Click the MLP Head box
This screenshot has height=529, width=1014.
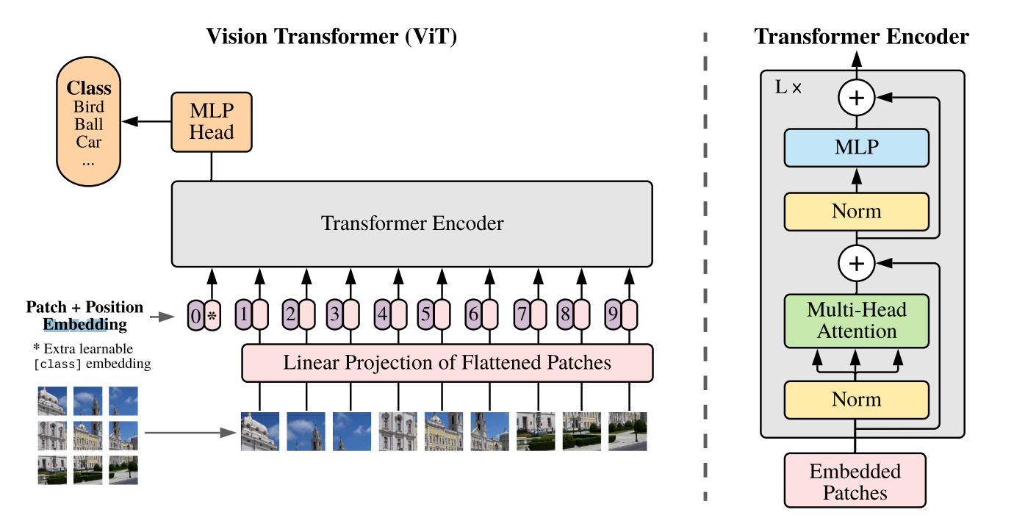coord(212,122)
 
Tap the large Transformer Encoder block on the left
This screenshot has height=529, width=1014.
coord(411,223)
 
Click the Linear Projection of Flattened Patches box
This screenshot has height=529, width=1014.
coord(447,363)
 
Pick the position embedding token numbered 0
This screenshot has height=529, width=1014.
coord(195,316)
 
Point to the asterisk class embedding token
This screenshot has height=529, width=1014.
coord(212,316)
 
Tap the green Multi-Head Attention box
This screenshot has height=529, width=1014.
coord(856,320)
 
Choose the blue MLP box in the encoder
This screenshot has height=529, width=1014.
coord(856,147)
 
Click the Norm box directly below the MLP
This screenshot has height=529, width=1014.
coord(856,212)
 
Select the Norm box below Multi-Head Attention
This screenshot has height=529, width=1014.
coord(856,400)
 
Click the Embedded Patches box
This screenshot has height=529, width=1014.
coord(855,481)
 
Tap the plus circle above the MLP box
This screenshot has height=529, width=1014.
coord(856,98)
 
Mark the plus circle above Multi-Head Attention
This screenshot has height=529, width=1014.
coord(856,262)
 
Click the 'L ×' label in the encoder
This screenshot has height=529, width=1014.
coord(789,87)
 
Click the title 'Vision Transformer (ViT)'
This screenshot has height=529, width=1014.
coord(331,37)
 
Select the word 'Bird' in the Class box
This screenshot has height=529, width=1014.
coord(89,107)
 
